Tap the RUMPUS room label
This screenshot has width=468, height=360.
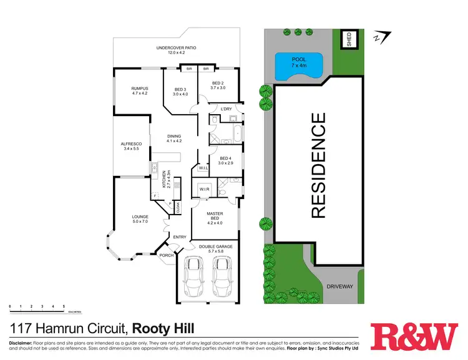click(135, 90)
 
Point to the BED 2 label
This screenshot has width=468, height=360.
click(217, 85)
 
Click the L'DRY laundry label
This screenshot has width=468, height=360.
click(227, 109)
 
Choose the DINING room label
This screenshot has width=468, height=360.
click(173, 139)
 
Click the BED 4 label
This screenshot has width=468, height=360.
click(226, 161)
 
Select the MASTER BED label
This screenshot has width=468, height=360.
click(215, 218)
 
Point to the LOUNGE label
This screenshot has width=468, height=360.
click(140, 219)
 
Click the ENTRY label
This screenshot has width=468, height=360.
click(180, 236)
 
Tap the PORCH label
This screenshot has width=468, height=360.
click(167, 255)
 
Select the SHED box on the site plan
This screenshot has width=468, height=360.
click(349, 39)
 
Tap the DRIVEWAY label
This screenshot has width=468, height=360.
click(340, 286)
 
